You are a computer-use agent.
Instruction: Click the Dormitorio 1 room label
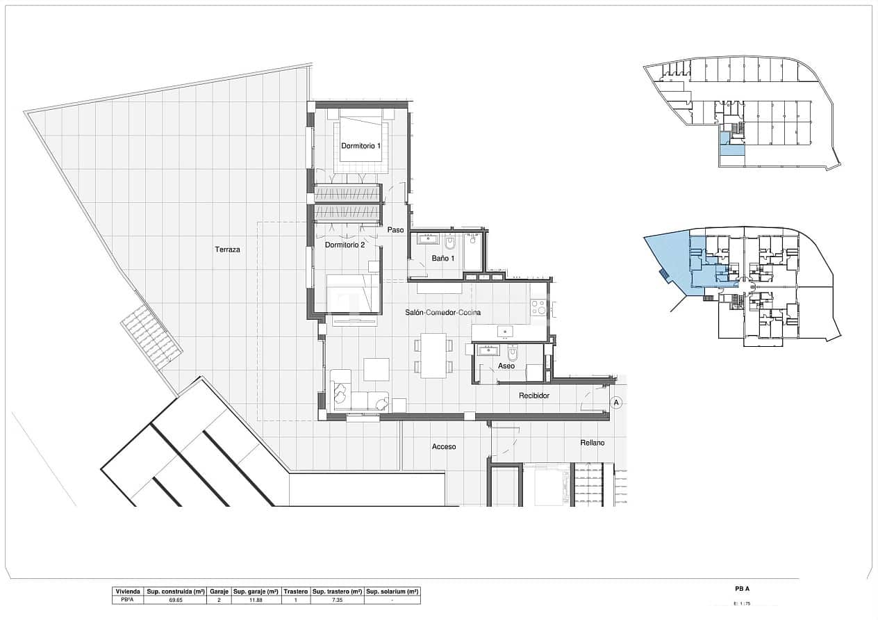tap(361, 146)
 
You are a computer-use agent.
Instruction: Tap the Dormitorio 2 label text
tap(345, 245)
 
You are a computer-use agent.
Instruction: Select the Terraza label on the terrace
tap(227, 250)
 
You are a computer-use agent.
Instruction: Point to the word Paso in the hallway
tap(395, 230)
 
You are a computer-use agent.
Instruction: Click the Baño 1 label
tap(442, 259)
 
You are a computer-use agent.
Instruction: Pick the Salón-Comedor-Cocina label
tap(442, 313)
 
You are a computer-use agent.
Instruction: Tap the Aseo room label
tap(506, 366)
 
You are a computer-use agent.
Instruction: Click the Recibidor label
tap(534, 395)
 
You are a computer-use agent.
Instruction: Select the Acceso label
tap(444, 447)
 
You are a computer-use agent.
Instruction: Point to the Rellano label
tap(593, 443)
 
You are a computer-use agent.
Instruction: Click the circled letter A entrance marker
tap(615, 402)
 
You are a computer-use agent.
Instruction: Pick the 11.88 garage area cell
tap(256, 599)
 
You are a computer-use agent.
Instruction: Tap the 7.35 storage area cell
tap(337, 599)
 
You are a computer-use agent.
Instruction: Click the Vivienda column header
tap(128, 591)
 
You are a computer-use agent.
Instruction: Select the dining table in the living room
tap(433, 355)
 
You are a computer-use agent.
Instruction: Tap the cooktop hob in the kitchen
tap(538, 307)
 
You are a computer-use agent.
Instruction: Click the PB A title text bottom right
tap(742, 589)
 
